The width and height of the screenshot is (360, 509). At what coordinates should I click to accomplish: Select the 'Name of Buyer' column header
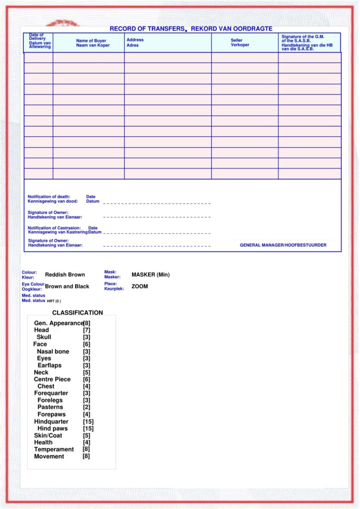click(x=91, y=43)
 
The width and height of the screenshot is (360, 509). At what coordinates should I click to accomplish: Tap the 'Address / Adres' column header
click(x=135, y=42)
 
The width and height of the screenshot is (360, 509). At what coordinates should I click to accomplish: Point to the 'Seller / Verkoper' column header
click(x=240, y=43)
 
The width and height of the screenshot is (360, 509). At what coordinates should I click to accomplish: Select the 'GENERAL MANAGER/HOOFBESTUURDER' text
click(x=283, y=245)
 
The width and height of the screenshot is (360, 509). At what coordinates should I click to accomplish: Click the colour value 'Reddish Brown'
click(x=65, y=274)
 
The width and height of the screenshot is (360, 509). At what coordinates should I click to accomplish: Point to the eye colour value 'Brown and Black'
click(x=67, y=286)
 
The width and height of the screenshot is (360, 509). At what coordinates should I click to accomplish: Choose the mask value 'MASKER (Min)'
click(x=151, y=274)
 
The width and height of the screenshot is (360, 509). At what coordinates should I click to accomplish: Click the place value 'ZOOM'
click(x=140, y=286)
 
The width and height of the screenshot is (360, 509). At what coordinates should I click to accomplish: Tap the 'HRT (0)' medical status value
click(x=54, y=301)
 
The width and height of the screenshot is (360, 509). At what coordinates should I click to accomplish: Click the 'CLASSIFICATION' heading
click(x=78, y=313)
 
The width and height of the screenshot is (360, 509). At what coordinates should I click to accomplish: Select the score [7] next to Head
click(x=87, y=330)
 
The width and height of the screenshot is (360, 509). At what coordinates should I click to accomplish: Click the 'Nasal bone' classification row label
click(x=53, y=351)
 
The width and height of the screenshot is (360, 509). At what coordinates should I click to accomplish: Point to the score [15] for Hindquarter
click(x=89, y=422)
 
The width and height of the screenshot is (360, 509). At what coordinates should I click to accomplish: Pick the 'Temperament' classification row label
click(x=54, y=449)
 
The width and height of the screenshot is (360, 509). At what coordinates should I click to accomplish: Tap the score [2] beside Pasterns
click(x=87, y=407)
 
